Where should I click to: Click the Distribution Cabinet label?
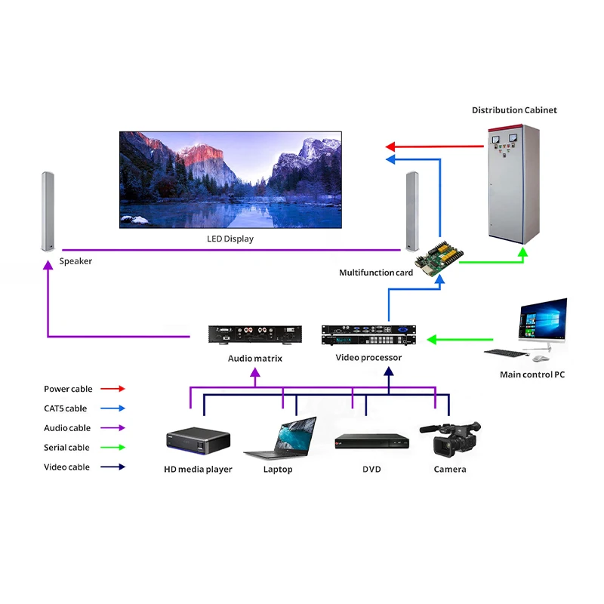[514, 110]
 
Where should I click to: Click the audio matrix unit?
[255, 334]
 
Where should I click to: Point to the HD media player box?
[196, 442]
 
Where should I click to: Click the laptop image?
[279, 440]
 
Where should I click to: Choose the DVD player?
[371, 442]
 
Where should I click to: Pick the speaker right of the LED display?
[412, 211]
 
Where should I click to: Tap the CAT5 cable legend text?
[65, 408]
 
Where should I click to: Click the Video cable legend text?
[66, 467]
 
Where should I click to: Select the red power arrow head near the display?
[390, 146]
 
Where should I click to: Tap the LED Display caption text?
[230, 239]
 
